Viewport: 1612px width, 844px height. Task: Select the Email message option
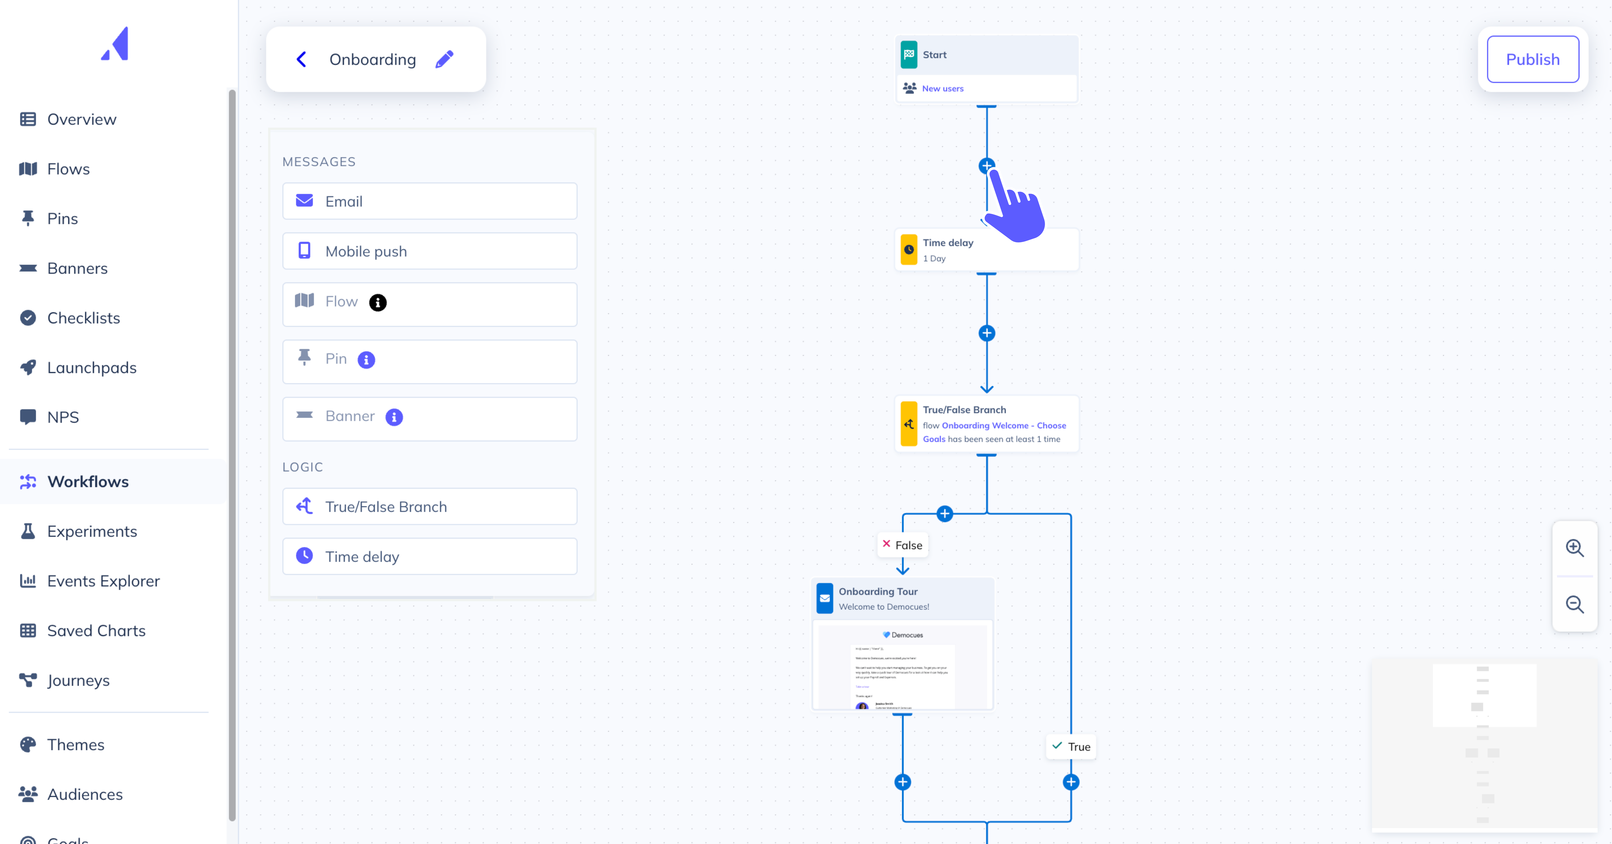pyautogui.click(x=429, y=201)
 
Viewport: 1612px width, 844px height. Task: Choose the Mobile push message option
pyautogui.click(x=429, y=251)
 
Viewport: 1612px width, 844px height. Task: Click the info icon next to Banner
pyautogui.click(x=394, y=417)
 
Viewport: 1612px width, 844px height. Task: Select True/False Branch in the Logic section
pyautogui.click(x=429, y=507)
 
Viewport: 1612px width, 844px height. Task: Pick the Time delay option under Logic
pyautogui.click(x=429, y=557)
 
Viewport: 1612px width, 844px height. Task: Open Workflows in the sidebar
pyautogui.click(x=88, y=481)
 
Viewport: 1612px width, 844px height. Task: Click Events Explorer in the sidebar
pyautogui.click(x=103, y=581)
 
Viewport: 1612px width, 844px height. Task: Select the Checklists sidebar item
pyautogui.click(x=83, y=318)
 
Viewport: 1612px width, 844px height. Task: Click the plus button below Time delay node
pyautogui.click(x=987, y=333)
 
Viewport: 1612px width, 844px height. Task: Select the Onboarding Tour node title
pyautogui.click(x=878, y=592)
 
